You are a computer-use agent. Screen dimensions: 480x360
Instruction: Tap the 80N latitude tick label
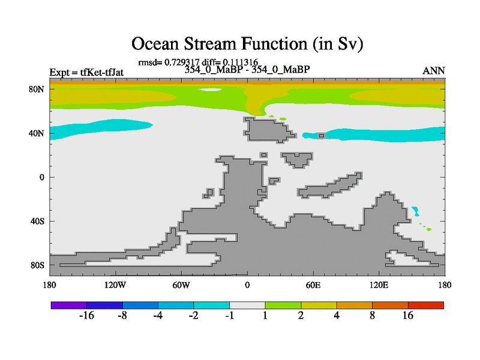pyautogui.click(x=37, y=89)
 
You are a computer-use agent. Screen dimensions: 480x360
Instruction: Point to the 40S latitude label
pyautogui.click(x=37, y=221)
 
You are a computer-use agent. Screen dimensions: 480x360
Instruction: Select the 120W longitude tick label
pyautogui.click(x=115, y=286)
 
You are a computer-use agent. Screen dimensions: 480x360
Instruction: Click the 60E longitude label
pyautogui.click(x=313, y=286)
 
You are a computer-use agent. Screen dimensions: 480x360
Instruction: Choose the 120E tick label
pyautogui.click(x=379, y=286)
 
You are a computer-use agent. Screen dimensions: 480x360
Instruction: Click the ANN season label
pyautogui.click(x=433, y=71)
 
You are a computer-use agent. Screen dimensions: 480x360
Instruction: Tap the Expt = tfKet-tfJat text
pyautogui.click(x=86, y=73)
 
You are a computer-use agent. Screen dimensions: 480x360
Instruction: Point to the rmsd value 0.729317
pyautogui.click(x=182, y=62)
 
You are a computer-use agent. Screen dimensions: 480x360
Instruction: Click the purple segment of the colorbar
pyautogui.click(x=69, y=305)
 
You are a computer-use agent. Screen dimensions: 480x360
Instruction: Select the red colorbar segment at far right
pyautogui.click(x=426, y=305)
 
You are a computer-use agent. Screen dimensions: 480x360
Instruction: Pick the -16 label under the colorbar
pyautogui.click(x=86, y=316)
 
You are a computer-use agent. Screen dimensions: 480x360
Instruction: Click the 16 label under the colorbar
pyautogui.click(x=408, y=316)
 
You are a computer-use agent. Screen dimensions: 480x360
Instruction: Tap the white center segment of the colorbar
pyautogui.click(x=247, y=305)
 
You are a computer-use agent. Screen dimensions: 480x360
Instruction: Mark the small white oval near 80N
pyautogui.click(x=210, y=89)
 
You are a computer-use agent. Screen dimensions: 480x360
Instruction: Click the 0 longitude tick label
pyautogui.click(x=247, y=286)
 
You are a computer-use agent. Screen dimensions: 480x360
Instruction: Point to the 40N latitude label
pyautogui.click(x=37, y=133)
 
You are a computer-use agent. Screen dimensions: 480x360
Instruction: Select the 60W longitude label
pyautogui.click(x=181, y=286)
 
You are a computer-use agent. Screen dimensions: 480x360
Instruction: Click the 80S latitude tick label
pyautogui.click(x=37, y=265)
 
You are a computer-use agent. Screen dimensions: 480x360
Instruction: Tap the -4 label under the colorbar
pyautogui.click(x=158, y=316)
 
